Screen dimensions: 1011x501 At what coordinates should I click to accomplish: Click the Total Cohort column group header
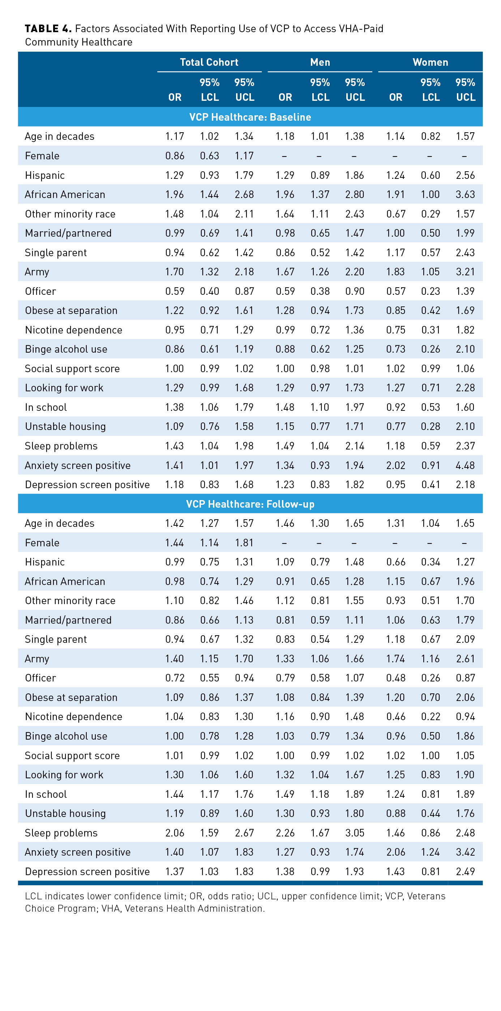point(209,63)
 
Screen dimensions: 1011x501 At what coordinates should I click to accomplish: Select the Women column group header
point(430,63)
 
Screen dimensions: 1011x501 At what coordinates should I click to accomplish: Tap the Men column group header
point(320,63)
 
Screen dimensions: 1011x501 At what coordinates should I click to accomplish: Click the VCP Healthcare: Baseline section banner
point(250,117)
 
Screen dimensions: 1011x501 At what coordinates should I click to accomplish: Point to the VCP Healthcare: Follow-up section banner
point(250,504)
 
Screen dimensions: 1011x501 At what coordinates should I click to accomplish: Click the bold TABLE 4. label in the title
point(48,29)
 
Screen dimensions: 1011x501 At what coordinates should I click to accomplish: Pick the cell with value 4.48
point(465,465)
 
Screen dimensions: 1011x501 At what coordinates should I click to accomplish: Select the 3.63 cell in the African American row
point(465,195)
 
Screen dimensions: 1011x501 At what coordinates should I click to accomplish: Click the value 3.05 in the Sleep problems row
point(355,833)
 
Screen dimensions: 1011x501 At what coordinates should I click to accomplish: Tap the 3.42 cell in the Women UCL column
point(465,852)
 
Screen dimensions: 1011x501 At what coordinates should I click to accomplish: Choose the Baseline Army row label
point(37,272)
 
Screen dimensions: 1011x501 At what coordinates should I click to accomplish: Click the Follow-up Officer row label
point(40,678)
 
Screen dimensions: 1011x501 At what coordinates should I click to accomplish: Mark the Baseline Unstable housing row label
point(65,427)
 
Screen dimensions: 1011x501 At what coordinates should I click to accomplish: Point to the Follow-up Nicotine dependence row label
point(73,717)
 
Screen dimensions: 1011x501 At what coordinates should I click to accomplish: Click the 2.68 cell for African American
point(244,195)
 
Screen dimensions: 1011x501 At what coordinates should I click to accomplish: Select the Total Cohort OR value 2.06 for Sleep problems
point(175,833)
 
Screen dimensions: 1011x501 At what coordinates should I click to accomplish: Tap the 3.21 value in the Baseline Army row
point(465,272)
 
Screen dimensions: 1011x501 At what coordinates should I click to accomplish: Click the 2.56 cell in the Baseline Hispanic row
point(465,176)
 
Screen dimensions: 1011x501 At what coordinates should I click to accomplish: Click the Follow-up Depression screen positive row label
point(87,872)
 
